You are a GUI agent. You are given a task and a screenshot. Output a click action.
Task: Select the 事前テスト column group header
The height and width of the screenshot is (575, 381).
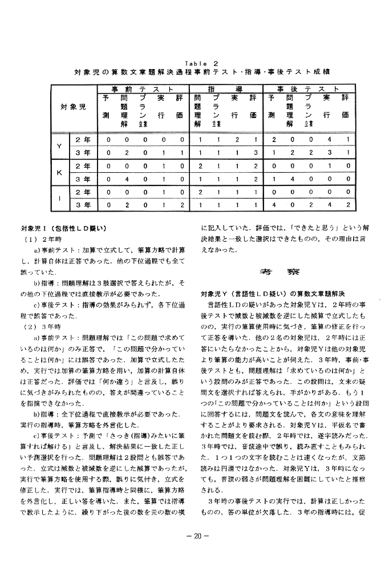143,90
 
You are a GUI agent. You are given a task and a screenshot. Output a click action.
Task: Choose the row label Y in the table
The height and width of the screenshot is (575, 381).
59,145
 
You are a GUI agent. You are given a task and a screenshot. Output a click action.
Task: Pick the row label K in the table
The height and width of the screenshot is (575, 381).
59,171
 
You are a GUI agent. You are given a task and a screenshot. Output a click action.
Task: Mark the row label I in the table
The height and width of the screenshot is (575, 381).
59,197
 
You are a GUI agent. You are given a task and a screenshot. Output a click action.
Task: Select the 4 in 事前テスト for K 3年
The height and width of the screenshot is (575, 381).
124,178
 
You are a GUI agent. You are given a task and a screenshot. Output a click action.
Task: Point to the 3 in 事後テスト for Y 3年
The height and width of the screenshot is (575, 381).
329,152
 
